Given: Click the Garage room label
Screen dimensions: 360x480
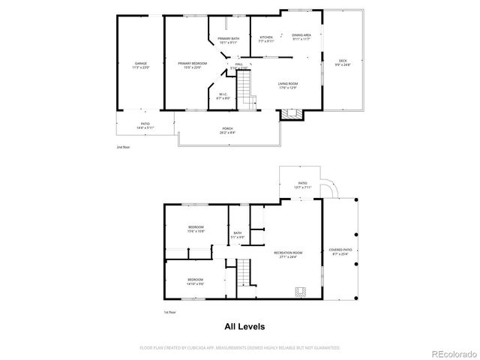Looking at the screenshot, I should click(141, 65).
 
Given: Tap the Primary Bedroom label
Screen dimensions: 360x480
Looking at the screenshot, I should click(193, 65).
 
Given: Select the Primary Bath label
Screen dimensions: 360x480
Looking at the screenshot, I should click(229, 40).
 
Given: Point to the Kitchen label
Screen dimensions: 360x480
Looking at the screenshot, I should click(266, 39).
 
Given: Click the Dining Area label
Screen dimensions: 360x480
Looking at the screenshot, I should click(301, 36).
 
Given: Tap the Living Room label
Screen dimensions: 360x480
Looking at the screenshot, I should click(288, 85).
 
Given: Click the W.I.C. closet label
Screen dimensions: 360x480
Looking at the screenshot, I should click(223, 96).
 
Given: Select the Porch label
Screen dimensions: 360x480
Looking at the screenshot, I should click(226, 130).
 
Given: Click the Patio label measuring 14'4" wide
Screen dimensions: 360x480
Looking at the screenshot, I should click(145, 127).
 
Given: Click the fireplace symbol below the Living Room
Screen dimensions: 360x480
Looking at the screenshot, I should click(290, 115).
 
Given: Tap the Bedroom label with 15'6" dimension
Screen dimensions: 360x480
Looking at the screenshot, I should click(196, 229).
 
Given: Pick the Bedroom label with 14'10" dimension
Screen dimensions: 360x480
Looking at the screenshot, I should click(195, 281).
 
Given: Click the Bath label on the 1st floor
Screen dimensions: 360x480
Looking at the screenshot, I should click(237, 235).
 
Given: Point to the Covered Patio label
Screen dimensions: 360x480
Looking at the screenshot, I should click(340, 250).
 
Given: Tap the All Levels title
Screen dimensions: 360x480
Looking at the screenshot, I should click(244, 327).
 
